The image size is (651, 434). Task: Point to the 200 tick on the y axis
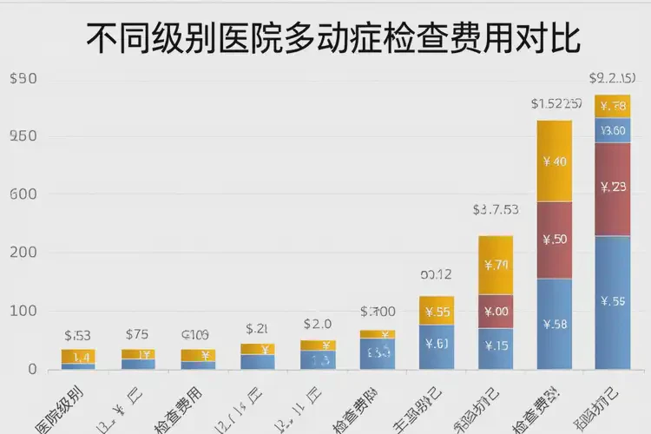23,253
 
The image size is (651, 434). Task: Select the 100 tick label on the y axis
23,311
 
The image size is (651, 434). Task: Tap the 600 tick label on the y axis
23,194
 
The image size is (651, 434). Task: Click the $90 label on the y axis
23,79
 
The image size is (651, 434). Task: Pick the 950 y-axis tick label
23,136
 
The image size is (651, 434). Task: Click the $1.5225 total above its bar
556,104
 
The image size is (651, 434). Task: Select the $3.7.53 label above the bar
496,210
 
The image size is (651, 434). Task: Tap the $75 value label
137,334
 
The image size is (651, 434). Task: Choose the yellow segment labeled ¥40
555,161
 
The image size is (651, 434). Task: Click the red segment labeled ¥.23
613,187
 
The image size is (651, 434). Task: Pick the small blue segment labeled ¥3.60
613,130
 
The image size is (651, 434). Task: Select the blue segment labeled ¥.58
555,325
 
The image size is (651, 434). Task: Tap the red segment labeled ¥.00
496,312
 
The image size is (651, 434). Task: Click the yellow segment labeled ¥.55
437,312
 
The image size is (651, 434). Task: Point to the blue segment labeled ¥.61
437,343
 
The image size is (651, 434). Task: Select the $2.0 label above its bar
318,324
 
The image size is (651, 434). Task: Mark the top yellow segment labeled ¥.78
613,106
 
